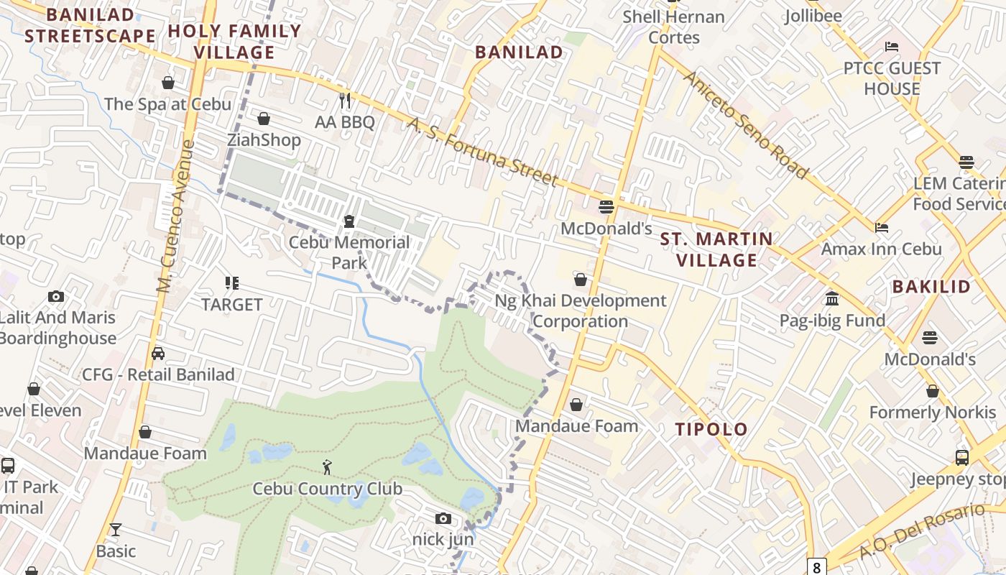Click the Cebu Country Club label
pyautogui.click(x=327, y=489)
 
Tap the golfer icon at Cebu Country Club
pyautogui.click(x=328, y=467)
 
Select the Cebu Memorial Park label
pyautogui.click(x=349, y=252)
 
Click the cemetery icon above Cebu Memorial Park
pyautogui.click(x=349, y=221)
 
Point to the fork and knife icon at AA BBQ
pyautogui.click(x=345, y=100)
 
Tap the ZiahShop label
pyautogui.click(x=264, y=139)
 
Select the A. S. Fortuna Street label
pyautogui.click(x=482, y=152)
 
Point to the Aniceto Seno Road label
pyautogui.click(x=745, y=124)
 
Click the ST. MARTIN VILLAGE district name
pyautogui.click(x=716, y=249)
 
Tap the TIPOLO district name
pyautogui.click(x=711, y=429)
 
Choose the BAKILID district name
pyautogui.click(x=931, y=286)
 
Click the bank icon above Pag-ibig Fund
pyautogui.click(x=832, y=298)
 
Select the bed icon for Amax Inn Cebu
pyautogui.click(x=882, y=228)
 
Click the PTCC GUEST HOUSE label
pyautogui.click(x=892, y=78)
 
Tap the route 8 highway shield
pyautogui.click(x=816, y=567)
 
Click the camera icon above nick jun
pyautogui.click(x=443, y=518)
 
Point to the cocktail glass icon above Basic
pyautogui.click(x=115, y=530)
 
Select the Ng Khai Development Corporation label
pyautogui.click(x=581, y=310)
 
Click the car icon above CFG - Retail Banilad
pyautogui.click(x=158, y=353)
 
